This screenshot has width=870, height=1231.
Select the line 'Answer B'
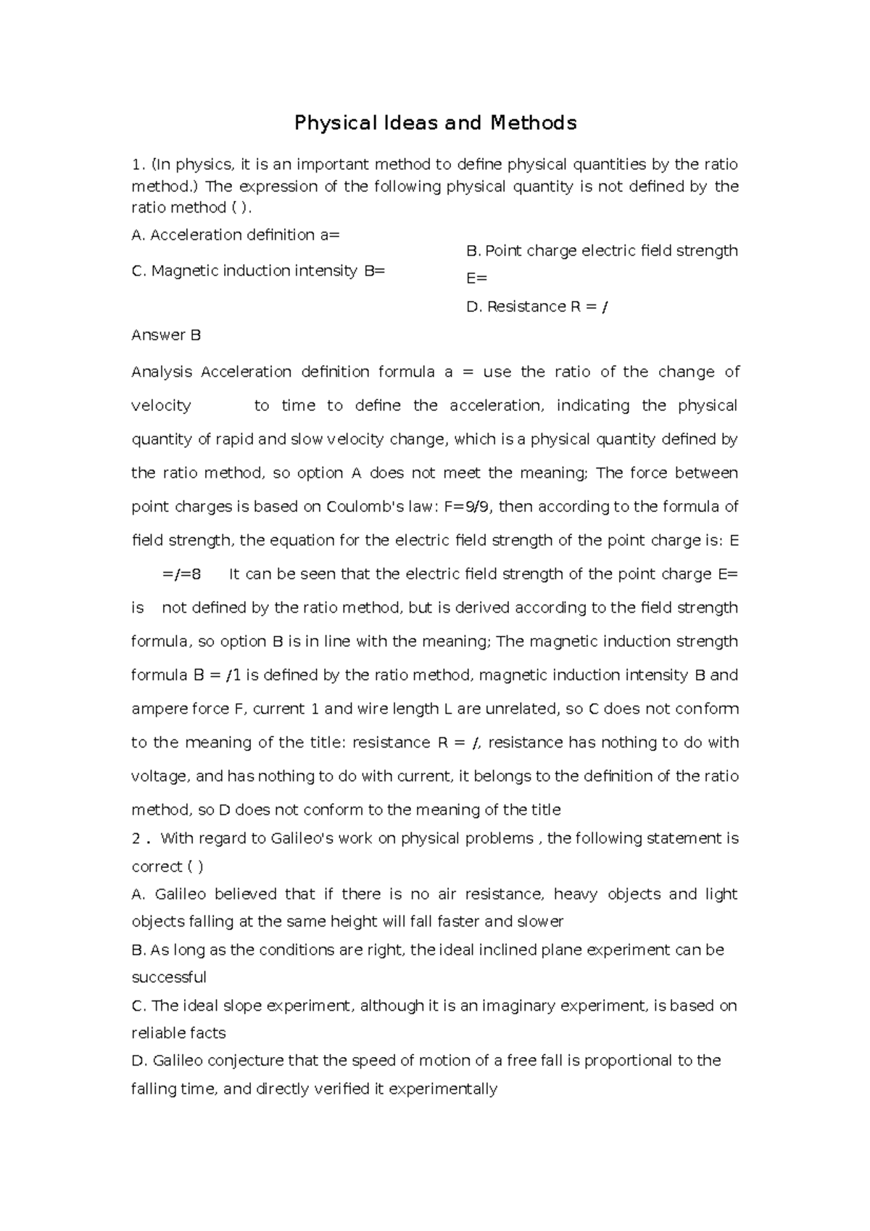[166, 335]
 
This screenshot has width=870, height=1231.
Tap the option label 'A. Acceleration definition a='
[236, 235]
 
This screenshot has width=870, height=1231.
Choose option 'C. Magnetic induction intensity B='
[258, 271]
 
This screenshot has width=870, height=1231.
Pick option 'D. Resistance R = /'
[537, 307]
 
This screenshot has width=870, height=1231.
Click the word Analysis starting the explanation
[162, 372]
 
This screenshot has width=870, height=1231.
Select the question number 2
[136, 839]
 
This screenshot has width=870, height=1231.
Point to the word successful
[169, 977]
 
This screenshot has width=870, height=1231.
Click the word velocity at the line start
[161, 406]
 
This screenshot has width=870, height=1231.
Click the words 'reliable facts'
[178, 1033]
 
